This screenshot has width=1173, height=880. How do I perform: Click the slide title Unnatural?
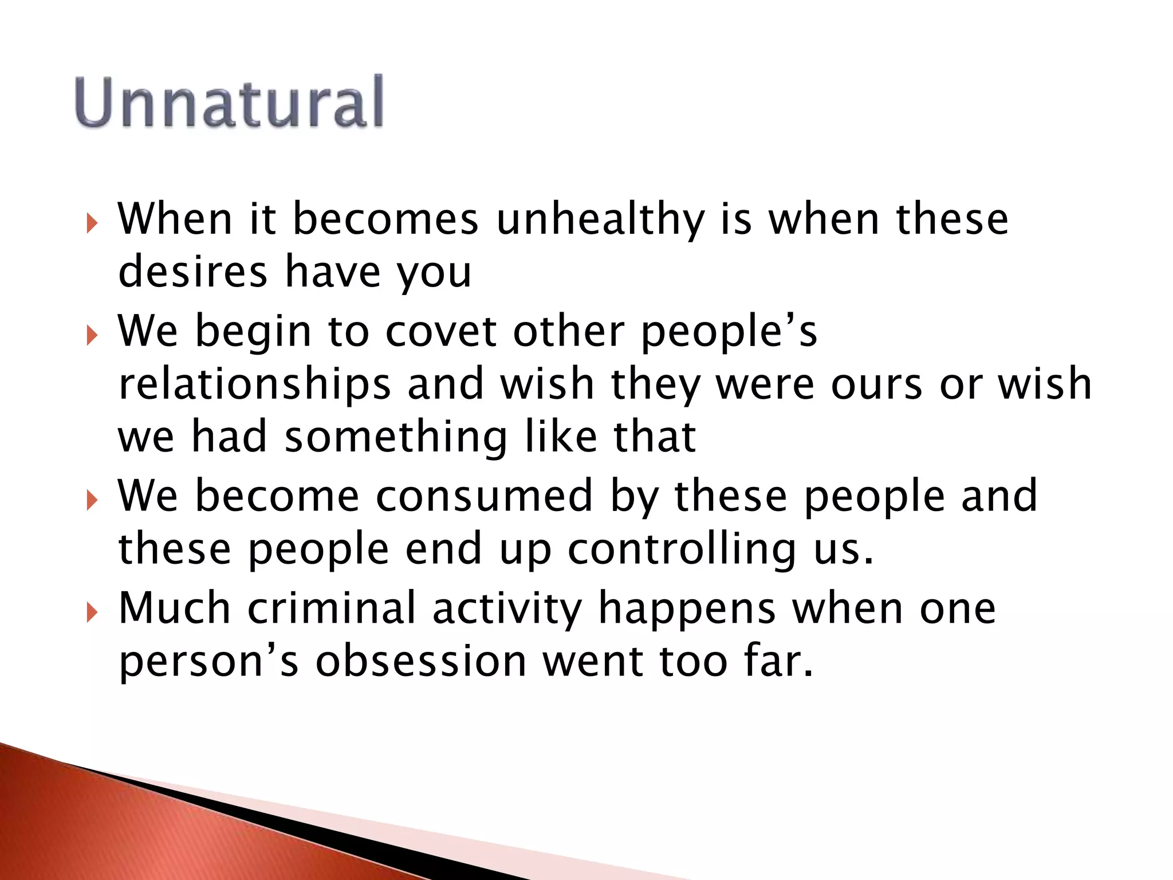[229, 102]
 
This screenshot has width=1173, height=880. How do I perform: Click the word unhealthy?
[600, 220]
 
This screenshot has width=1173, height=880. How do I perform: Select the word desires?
[192, 272]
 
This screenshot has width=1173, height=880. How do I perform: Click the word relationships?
[255, 385]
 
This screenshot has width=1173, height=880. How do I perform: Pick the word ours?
[876, 385]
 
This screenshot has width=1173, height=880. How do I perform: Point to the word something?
[396, 437]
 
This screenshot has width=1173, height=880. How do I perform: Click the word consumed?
[484, 496]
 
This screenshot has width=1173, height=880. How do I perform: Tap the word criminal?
[332, 608]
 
